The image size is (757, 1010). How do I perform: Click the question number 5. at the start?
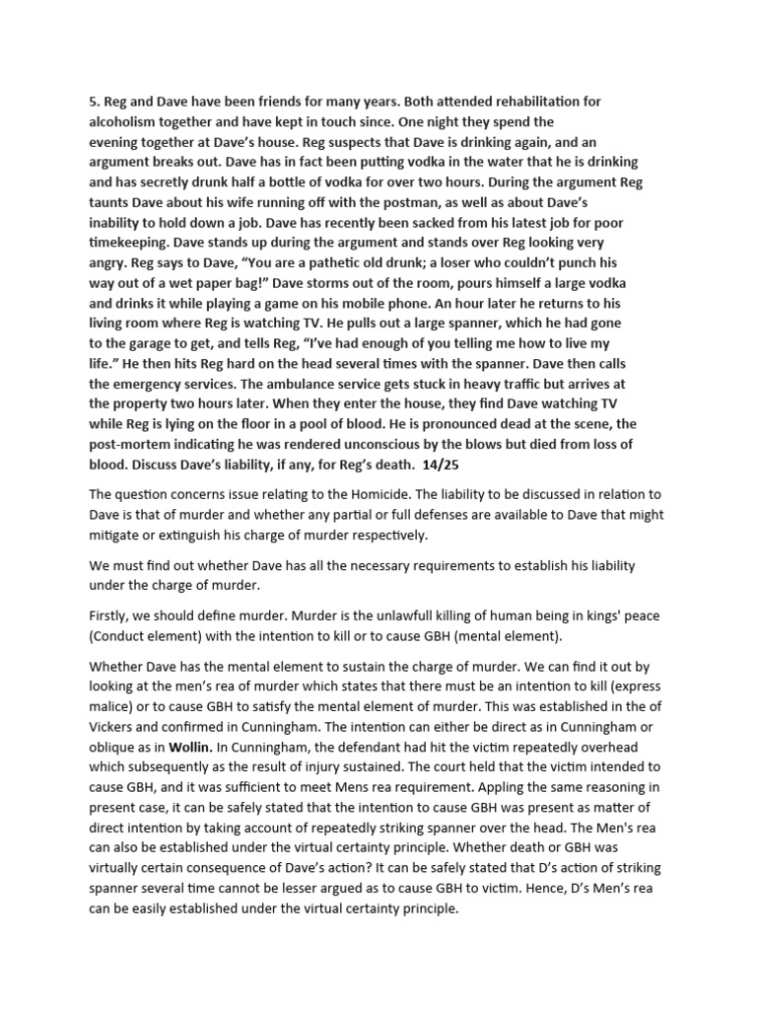click(96, 102)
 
